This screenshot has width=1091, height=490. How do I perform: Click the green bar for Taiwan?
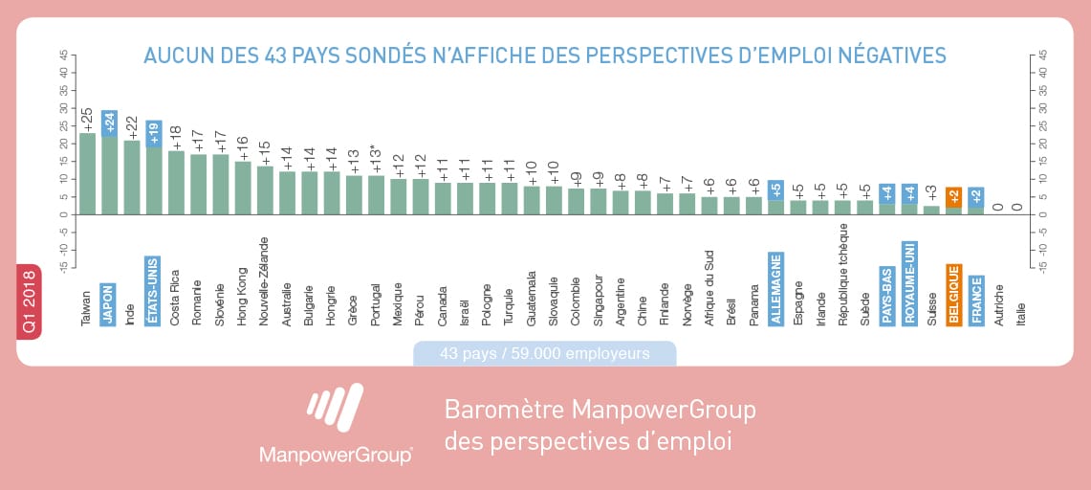point(88,173)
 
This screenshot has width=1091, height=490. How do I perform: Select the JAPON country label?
point(107,304)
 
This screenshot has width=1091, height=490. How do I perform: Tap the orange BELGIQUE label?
point(954,295)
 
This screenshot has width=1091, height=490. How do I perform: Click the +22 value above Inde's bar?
point(132,128)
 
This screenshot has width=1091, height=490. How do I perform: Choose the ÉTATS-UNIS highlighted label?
point(152,291)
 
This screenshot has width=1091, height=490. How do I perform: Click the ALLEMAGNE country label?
point(775,289)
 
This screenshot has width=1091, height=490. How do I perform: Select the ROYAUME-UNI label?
point(909,283)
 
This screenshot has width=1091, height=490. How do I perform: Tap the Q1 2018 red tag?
point(30,302)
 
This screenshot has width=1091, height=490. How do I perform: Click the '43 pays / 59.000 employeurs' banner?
point(545,353)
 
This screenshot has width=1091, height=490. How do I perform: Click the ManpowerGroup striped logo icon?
point(335,407)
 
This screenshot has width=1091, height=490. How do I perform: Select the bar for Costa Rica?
point(177,183)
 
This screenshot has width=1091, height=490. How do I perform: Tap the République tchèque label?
point(842,275)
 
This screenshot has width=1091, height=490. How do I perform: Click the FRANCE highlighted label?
point(976,300)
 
